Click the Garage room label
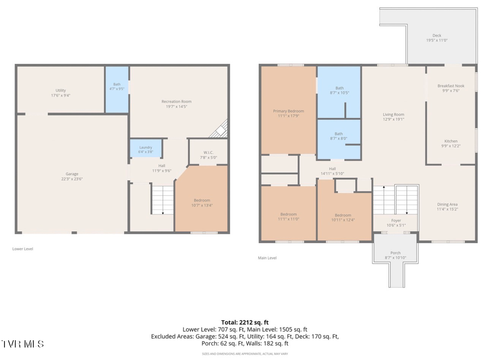(x=72, y=174)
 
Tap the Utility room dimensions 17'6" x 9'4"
(x=61, y=95)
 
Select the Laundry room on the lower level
(x=146, y=148)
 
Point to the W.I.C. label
(x=209, y=152)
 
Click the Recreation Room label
(x=177, y=101)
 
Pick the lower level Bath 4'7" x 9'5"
(x=117, y=90)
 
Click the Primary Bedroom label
(x=289, y=111)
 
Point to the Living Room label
(x=394, y=114)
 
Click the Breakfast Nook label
(x=451, y=86)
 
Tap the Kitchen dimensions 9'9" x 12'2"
(x=451, y=146)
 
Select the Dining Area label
(x=447, y=204)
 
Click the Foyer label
(x=396, y=221)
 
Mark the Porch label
(x=395, y=253)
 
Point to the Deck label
(x=437, y=35)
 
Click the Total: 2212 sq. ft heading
(x=245, y=322)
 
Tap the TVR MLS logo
(x=22, y=344)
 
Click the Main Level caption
(x=267, y=258)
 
